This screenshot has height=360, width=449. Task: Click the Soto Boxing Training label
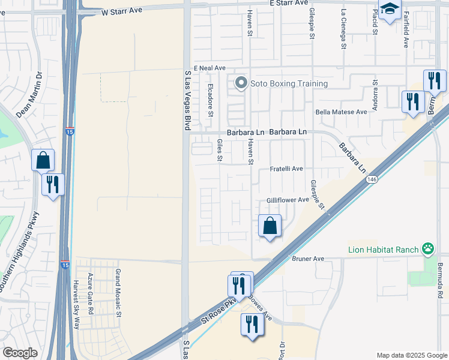click(x=289, y=83)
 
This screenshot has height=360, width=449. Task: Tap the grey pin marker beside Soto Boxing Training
click(x=241, y=83)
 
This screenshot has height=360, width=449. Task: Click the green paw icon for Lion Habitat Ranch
click(x=428, y=248)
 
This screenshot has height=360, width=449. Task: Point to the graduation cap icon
click(x=390, y=9)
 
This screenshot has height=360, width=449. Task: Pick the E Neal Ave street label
click(x=209, y=68)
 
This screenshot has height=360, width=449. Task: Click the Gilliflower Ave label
click(x=288, y=200)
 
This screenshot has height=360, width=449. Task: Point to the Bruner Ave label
click(x=308, y=259)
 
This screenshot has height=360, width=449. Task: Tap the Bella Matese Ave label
click(x=341, y=112)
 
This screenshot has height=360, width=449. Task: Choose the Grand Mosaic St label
click(x=118, y=293)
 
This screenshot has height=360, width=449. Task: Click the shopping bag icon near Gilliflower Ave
click(x=270, y=226)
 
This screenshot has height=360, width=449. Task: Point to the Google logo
click(x=20, y=353)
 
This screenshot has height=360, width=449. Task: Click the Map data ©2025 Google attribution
click(x=411, y=355)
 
